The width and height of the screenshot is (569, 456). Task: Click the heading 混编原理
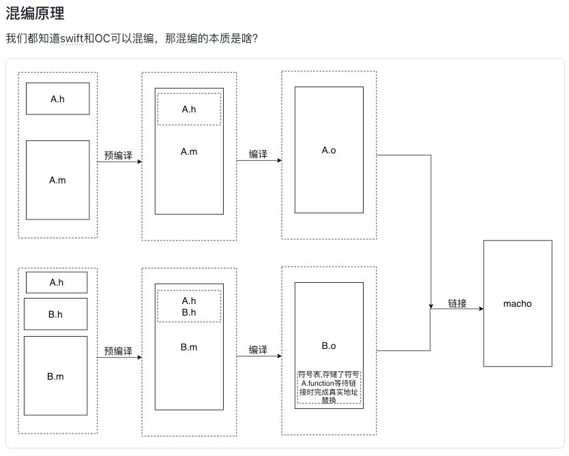pyautogui.click(x=35, y=14)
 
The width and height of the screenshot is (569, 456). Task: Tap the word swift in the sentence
pyautogui.click(x=72, y=39)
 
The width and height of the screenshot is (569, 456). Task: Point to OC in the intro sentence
pyautogui.click(x=102, y=39)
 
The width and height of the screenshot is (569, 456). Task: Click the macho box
pyautogui.click(x=516, y=303)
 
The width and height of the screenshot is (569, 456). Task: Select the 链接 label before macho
pyautogui.click(x=457, y=303)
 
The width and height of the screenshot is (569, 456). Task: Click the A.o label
pyautogui.click(x=329, y=151)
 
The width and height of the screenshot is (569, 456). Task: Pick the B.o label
pyautogui.click(x=329, y=346)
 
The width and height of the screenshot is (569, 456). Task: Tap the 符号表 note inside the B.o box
pyautogui.click(x=329, y=387)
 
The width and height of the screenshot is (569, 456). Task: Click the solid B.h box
pyautogui.click(x=56, y=314)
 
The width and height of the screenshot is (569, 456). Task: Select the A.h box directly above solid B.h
pyautogui.click(x=57, y=282)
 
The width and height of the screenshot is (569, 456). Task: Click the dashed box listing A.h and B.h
pyautogui.click(x=189, y=306)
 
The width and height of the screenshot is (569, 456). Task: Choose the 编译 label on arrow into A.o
pyautogui.click(x=258, y=155)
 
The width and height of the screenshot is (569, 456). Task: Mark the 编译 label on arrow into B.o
pyautogui.click(x=258, y=350)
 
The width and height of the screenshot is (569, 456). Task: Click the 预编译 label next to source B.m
pyautogui.click(x=118, y=351)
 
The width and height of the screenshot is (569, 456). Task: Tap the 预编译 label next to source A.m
pyautogui.click(x=118, y=156)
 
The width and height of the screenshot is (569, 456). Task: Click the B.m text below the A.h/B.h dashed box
pyautogui.click(x=189, y=348)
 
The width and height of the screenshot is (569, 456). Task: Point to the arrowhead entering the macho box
pyautogui.click(x=480, y=309)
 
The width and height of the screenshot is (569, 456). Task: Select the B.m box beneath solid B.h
pyautogui.click(x=56, y=376)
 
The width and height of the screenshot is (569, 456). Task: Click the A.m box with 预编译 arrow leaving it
pyautogui.click(x=57, y=181)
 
